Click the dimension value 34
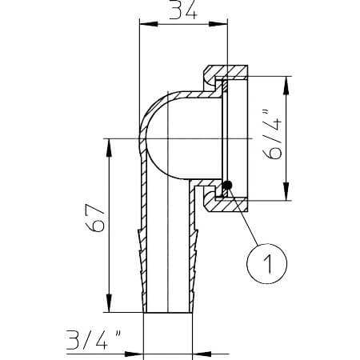coord(183,10)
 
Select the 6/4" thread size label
coord(272,134)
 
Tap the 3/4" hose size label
coord(94,339)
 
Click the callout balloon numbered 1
coord(267,263)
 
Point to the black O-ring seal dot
coord(227,185)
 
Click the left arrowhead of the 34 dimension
coord(149,24)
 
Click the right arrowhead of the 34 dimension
coord(218,24)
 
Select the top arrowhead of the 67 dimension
coord(109,147)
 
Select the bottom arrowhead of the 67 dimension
coord(109,303)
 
